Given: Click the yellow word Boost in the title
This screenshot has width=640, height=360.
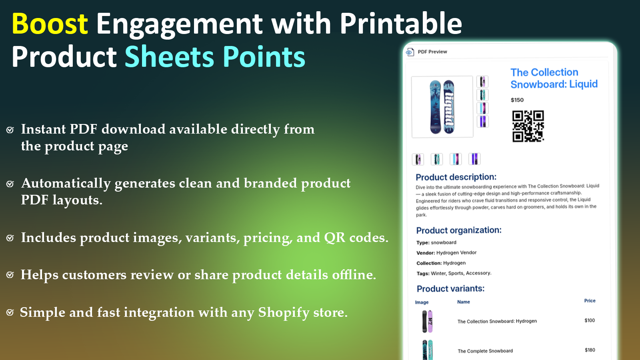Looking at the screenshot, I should click(x=50, y=24).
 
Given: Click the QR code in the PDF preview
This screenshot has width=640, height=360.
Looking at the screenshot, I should click(x=528, y=126).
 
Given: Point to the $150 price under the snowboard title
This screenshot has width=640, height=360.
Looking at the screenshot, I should click(x=517, y=100).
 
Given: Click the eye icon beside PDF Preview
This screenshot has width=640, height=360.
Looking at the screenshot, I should click(x=410, y=52).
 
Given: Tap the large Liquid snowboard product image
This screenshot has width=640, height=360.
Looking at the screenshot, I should click(x=442, y=107).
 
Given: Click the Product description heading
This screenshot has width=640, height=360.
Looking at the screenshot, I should click(x=456, y=177).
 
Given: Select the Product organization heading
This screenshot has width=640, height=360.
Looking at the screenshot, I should click(x=458, y=230).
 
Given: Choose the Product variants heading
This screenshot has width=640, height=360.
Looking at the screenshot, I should click(x=450, y=289).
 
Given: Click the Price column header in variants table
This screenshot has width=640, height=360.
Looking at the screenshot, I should click(x=590, y=301).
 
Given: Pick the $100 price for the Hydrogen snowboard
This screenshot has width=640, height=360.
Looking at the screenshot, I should click(x=590, y=320).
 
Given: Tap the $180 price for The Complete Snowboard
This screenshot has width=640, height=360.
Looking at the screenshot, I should click(x=590, y=350).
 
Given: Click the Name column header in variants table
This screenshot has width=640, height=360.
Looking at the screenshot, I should click(x=464, y=302).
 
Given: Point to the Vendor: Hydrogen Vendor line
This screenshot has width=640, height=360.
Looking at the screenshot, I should click(x=446, y=253).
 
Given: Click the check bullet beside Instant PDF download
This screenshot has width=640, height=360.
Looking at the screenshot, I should click(x=10, y=130).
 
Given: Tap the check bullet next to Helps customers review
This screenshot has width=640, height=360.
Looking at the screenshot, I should click(x=10, y=275).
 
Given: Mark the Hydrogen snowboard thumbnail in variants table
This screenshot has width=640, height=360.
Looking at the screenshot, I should click(x=427, y=321).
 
